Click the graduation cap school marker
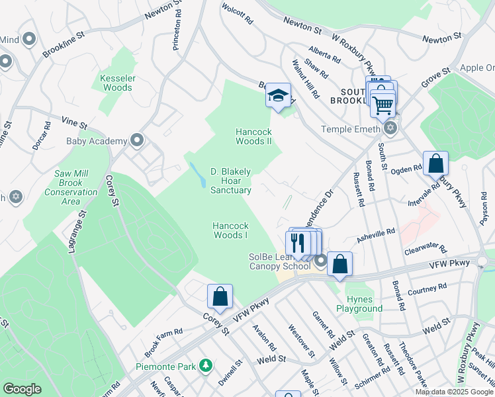point(279,95)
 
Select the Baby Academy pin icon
point(137,140)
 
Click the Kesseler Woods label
point(117,83)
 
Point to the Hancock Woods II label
point(254,136)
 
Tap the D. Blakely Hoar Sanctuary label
point(231,181)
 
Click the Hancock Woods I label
point(230,230)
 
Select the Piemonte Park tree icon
point(206,365)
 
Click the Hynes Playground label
point(359,304)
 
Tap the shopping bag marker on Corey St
point(220,298)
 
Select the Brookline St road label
point(64,42)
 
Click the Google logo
point(22,389)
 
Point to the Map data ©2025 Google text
point(453,392)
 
